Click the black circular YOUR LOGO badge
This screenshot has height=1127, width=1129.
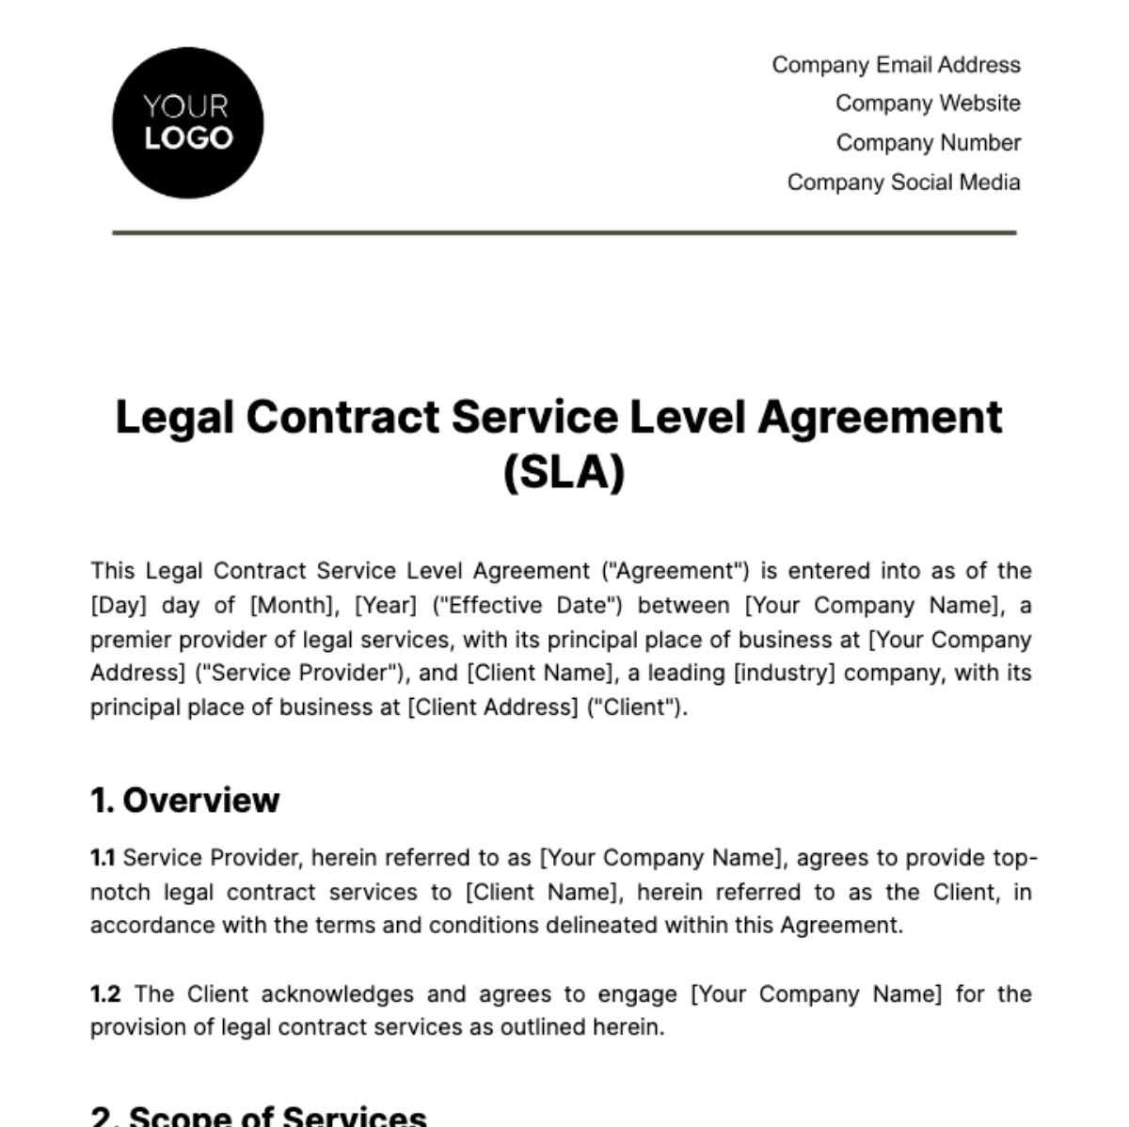pos(187,123)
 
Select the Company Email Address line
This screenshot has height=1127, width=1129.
pos(896,65)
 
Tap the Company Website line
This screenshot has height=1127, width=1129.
pos(928,103)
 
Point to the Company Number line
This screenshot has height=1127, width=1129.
pos(928,143)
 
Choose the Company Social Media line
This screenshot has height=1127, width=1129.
pos(903,183)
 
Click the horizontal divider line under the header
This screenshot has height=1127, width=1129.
pos(564,232)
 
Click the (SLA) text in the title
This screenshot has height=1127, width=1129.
pos(564,471)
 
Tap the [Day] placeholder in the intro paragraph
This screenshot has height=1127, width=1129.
pos(118,606)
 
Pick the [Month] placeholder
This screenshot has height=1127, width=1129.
pos(292,606)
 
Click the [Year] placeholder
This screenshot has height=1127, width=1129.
pos(385,606)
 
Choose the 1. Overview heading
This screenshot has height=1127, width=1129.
pos(185,801)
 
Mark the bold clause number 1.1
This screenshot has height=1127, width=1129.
pos(103,858)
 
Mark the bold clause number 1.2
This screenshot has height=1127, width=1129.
pos(105,994)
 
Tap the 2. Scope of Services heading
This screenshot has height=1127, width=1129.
pos(259,1117)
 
